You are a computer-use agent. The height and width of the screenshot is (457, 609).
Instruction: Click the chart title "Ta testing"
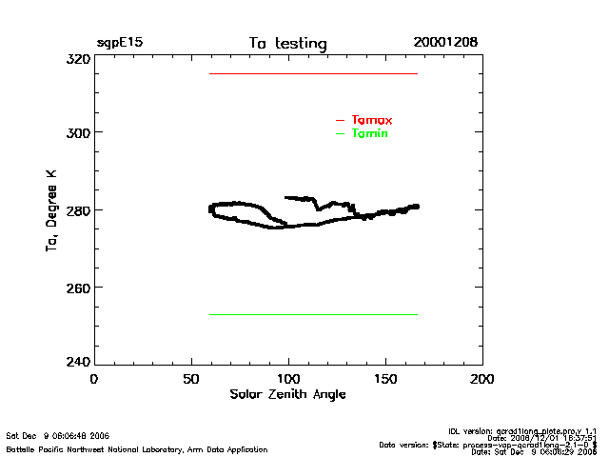click(x=287, y=43)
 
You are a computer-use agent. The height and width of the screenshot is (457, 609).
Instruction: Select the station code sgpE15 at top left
click(x=119, y=43)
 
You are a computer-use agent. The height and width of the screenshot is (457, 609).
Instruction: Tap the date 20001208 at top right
click(x=445, y=43)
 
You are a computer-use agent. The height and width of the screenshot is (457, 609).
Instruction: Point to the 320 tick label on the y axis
click(x=78, y=58)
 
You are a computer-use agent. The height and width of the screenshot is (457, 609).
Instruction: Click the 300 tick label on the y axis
click(x=78, y=132)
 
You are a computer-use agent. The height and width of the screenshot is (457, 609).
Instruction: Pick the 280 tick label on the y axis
click(x=78, y=209)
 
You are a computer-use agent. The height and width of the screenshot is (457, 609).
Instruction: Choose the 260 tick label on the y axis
click(x=78, y=287)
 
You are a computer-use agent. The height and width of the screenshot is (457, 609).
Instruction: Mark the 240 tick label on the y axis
click(x=78, y=362)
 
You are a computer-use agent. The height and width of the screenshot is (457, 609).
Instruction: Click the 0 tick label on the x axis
click(x=93, y=378)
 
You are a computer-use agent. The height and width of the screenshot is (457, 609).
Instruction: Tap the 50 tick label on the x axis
click(x=190, y=378)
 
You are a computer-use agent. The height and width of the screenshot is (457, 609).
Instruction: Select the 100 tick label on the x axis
click(x=288, y=378)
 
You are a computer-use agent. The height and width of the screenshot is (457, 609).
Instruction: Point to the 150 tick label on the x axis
click(x=385, y=378)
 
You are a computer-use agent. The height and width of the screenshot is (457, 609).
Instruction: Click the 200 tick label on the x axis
click(x=482, y=378)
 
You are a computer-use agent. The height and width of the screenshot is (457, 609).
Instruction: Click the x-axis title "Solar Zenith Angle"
click(x=287, y=393)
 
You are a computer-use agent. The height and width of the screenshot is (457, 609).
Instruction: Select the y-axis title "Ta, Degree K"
click(x=50, y=210)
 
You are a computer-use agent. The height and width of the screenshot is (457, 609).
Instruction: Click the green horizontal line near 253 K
click(x=313, y=314)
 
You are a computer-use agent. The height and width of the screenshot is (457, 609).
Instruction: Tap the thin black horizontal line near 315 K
click(x=313, y=73)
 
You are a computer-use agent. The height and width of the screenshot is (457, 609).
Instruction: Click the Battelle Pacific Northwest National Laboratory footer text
click(x=137, y=448)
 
